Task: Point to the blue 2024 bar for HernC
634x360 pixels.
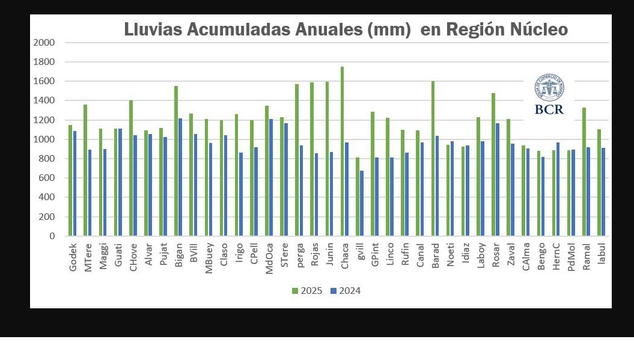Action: [558, 189]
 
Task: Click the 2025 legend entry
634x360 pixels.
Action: [307, 291]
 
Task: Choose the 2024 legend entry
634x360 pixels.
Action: [345, 291]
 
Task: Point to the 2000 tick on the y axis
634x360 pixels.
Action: [44, 43]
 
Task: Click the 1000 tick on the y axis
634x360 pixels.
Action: [44, 139]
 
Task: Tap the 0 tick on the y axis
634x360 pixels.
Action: [52, 236]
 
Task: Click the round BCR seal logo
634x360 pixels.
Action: [548, 88]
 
